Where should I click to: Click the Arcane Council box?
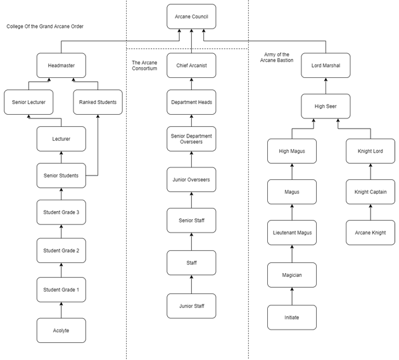tap(191, 16)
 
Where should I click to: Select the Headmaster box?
tap(61, 65)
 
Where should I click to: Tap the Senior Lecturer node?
tap(28, 102)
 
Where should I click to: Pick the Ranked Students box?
tap(98, 102)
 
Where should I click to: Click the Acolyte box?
tap(61, 330)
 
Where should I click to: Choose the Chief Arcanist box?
tap(191, 65)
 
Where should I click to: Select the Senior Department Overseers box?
tap(191, 139)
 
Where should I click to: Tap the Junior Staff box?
tap(191, 306)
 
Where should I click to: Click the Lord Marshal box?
tap(326, 65)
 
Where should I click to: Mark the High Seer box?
tap(326, 106)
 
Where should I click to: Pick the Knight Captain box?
tap(370, 191)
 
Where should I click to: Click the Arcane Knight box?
tap(370, 233)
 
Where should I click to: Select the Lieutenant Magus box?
tap(291, 233)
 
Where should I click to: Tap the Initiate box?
tap(291, 318)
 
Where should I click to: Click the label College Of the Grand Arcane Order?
tap(44, 26)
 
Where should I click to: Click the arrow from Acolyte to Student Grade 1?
tap(61, 310)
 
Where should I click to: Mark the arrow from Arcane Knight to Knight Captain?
tap(370, 212)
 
